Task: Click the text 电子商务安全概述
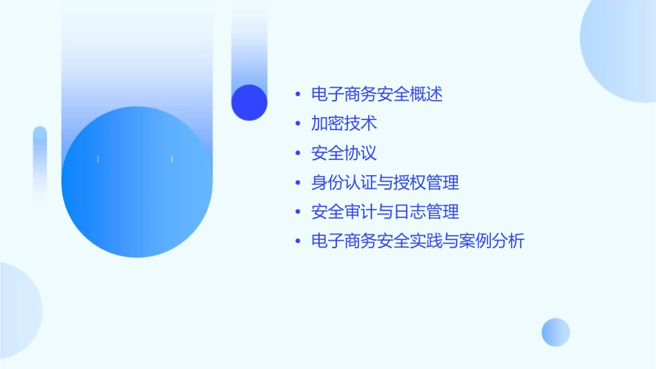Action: pos(377,94)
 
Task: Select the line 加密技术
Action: pos(344,124)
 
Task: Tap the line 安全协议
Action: pos(344,153)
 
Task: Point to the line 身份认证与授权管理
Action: pos(385,183)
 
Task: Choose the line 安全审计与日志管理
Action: pos(385,212)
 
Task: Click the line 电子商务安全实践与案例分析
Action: pos(418,241)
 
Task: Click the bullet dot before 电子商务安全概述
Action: pos(297,94)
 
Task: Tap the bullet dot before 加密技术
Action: pos(297,124)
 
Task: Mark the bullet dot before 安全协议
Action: pos(297,153)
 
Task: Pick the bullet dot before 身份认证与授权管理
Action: pos(297,183)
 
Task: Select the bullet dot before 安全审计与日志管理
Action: pos(297,212)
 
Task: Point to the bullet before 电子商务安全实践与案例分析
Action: pos(297,241)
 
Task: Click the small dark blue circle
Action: pos(249,102)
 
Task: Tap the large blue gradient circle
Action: pos(137,182)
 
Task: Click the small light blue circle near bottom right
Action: pos(556,332)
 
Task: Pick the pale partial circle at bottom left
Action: pos(17,310)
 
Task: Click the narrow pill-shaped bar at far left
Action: pos(40,166)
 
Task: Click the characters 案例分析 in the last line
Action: pos(492,241)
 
